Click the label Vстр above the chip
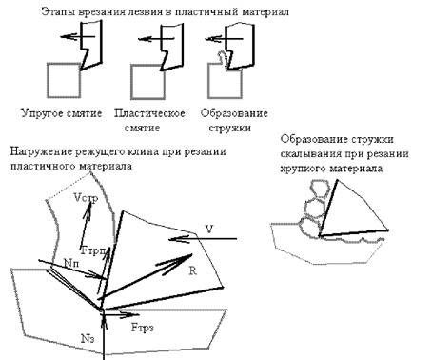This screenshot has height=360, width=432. [x=86, y=198]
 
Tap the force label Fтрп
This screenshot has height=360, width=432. [x=93, y=250]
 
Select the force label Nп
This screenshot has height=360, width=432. [x=71, y=263]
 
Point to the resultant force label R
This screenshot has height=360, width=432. [x=192, y=270]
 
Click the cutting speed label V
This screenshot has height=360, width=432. [x=209, y=229]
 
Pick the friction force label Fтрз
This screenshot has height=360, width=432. [x=143, y=328]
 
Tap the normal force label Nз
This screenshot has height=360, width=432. [x=88, y=339]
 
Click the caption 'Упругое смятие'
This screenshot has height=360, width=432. [x=62, y=113]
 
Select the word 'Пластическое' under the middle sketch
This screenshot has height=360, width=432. [x=149, y=113]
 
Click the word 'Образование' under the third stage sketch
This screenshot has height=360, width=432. [x=234, y=113]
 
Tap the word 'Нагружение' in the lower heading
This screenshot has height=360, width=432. [x=41, y=151]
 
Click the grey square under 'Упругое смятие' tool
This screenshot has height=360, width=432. [x=64, y=80]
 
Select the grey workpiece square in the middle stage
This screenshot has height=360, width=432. [x=148, y=82]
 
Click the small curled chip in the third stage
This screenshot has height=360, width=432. [x=222, y=58]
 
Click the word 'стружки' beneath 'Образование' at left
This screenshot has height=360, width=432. [x=230, y=128]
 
